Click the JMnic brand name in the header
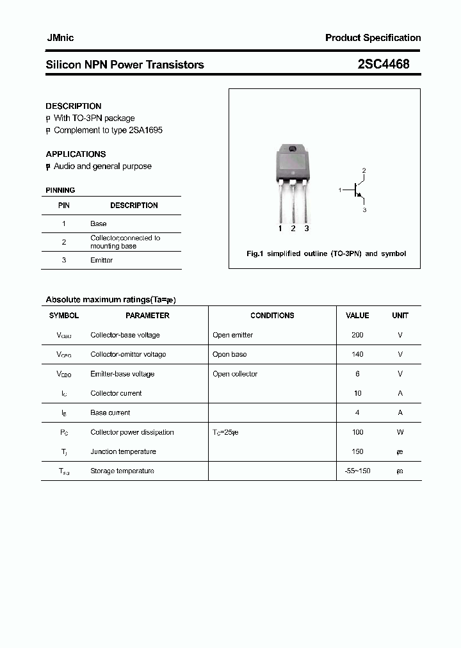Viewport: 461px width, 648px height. coord(60,38)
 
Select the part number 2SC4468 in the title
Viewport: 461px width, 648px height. coord(384,64)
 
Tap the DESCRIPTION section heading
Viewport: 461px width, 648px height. coord(73,106)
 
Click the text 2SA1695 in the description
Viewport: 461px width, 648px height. coord(145,130)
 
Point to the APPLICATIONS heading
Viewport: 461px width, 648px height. coord(76,154)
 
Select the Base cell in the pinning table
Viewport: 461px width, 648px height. coord(99,224)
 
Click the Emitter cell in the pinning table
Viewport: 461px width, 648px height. coord(101,261)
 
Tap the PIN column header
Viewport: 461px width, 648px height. coord(64,206)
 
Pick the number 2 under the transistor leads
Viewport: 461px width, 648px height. coord(293,229)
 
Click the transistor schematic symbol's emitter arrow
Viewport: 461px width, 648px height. coord(360,197)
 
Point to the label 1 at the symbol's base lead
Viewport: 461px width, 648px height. coord(340,190)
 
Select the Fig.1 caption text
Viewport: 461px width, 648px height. coord(326,254)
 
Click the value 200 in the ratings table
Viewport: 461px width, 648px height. coord(357,335)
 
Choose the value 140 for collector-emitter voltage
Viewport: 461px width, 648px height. coord(357,354)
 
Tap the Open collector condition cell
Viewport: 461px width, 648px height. coord(235,374)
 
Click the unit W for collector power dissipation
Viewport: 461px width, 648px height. coord(400,432)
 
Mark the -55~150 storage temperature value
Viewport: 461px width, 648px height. coord(357,471)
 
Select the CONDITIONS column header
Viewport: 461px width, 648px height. coord(272,316)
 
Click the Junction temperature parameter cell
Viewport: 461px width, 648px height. coord(123,451)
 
